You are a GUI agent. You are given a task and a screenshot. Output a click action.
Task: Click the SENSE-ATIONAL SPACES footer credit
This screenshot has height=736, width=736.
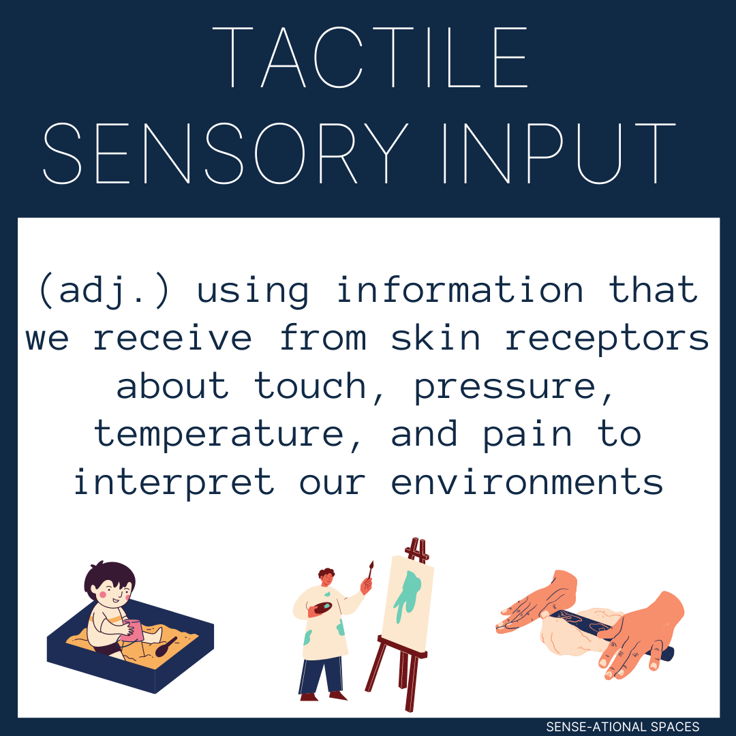[x=622, y=726]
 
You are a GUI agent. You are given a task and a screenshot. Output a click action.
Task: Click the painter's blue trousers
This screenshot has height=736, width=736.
[x=320, y=671]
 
